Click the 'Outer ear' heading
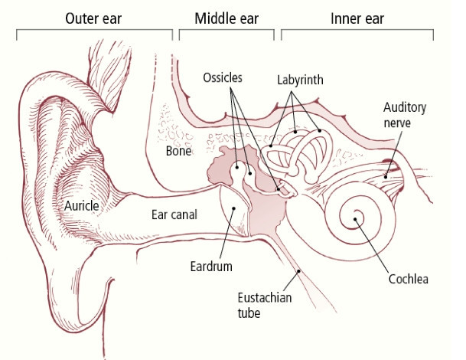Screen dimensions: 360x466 point(94,17)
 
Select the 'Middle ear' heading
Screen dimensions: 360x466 point(226,17)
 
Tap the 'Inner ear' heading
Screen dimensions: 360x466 point(357,17)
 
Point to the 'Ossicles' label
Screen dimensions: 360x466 point(223,79)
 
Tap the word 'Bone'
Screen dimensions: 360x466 point(178,151)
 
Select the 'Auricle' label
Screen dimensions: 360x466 point(84,205)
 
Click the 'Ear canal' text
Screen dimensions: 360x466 point(173,215)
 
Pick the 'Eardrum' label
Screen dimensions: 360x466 point(211,267)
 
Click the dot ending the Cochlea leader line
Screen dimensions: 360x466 point(355,221)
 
